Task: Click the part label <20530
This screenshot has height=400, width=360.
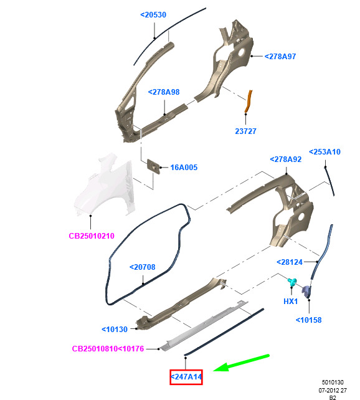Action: tap(153, 15)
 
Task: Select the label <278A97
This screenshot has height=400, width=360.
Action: tap(280, 56)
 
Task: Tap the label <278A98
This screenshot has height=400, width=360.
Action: tap(164, 92)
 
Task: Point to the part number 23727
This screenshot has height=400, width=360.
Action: tap(245, 131)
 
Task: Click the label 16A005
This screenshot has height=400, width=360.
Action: tap(184, 168)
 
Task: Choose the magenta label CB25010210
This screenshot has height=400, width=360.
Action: tap(92, 236)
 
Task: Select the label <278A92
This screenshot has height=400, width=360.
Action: tap(285, 159)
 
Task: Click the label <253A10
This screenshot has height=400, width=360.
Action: tap(324, 152)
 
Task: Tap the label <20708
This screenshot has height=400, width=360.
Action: tap(142, 267)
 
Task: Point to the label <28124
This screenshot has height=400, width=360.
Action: tap(290, 262)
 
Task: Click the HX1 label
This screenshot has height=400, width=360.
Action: tap(291, 302)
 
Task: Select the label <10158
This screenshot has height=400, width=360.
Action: tap(308, 320)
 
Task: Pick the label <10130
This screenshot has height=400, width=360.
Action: tap(115, 330)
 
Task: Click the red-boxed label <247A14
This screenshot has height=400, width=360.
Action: tap(186, 377)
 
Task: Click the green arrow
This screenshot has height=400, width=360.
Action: tap(241, 363)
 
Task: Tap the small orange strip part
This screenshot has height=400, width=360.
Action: tap(248, 102)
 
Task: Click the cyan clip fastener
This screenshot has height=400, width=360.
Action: tap(292, 282)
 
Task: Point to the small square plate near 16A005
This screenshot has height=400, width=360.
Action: tap(153, 166)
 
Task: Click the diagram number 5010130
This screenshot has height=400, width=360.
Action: tap(333, 382)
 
